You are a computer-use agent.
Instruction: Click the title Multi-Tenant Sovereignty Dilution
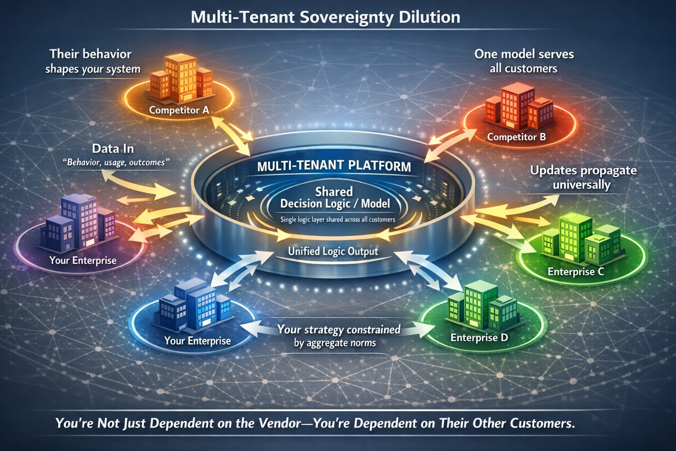tap(326, 17)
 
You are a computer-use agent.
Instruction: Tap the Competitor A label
tap(179, 110)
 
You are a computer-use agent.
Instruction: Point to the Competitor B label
tap(516, 137)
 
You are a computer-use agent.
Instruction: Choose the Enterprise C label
tap(576, 271)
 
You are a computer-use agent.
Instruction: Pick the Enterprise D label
tap(479, 337)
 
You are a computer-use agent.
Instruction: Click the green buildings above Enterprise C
tap(581, 238)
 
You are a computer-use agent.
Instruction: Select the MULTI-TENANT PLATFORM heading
tap(334, 166)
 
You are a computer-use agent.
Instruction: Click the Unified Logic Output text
tap(333, 251)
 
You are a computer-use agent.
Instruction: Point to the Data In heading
tap(113, 148)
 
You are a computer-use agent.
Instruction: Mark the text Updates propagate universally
tap(583, 177)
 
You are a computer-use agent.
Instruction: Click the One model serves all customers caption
tap(524, 61)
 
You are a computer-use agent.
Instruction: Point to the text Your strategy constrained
tap(338, 329)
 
